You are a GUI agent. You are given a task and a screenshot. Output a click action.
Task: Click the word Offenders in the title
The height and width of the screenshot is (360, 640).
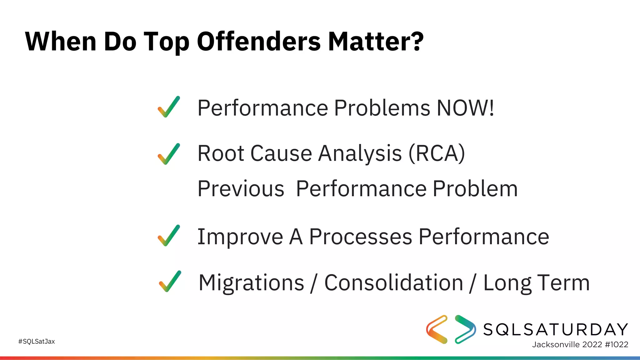[259, 41]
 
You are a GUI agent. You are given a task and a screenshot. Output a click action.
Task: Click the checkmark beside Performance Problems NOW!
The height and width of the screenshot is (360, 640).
[169, 107]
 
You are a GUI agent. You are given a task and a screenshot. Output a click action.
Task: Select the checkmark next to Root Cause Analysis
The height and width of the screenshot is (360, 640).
[169, 154]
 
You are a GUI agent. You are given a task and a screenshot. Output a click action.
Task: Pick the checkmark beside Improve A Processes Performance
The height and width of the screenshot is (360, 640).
[169, 236]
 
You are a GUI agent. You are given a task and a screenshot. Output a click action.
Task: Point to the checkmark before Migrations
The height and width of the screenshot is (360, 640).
[170, 282]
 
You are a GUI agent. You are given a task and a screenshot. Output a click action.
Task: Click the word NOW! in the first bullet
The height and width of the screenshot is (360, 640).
[465, 108]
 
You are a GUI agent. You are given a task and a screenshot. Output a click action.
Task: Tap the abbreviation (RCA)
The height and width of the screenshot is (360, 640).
[437, 153]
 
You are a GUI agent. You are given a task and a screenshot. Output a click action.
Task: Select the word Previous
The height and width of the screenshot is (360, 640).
[241, 189]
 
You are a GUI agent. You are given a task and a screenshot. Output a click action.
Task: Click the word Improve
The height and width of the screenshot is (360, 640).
[240, 237]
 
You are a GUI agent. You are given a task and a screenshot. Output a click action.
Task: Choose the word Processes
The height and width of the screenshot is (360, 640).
[360, 237]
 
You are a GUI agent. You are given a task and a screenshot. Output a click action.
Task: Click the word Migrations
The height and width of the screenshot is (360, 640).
[251, 283]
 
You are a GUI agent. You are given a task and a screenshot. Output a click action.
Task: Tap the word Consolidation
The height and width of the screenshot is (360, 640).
[393, 282]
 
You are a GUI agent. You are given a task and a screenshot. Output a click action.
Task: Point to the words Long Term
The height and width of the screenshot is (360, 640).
[536, 283]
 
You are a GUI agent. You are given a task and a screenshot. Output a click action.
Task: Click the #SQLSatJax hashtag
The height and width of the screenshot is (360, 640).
[37, 342]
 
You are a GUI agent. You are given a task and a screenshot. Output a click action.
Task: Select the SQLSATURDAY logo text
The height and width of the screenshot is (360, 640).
[555, 329]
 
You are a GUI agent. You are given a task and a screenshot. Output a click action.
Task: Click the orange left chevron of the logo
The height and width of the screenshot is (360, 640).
[436, 329]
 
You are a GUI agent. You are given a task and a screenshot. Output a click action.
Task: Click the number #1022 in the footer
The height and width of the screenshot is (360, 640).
[616, 344]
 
